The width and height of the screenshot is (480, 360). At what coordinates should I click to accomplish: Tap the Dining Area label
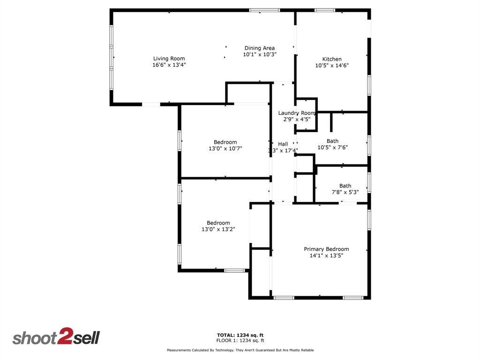coord(259,48)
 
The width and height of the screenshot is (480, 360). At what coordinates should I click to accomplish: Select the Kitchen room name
coord(332,59)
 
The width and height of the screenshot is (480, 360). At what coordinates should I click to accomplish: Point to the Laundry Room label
coord(297,113)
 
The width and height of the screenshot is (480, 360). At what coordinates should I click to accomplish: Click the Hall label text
coord(283,144)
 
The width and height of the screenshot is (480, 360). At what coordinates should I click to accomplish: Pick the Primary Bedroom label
coord(326,249)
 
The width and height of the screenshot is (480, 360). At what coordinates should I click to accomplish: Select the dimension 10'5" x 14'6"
coord(332,66)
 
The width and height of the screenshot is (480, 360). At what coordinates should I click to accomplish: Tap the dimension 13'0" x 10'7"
coord(225,149)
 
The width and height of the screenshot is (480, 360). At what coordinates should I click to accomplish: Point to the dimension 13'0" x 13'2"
coord(218,229)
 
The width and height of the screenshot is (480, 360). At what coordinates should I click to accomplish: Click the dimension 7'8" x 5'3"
coord(345,192)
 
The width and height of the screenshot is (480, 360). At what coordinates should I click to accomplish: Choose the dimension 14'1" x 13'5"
coord(326,255)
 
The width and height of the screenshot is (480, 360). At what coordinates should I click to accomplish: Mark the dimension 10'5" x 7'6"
coord(332,147)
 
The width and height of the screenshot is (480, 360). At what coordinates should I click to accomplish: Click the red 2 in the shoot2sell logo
coord(64,337)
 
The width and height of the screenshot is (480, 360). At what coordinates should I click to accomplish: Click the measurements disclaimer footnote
coord(240,350)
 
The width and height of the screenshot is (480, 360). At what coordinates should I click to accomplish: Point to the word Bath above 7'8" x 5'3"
coord(345,186)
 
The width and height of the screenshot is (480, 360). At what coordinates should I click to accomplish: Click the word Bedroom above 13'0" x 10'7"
coord(225,142)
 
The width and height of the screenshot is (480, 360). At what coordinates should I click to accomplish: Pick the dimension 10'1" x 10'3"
coord(259,54)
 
